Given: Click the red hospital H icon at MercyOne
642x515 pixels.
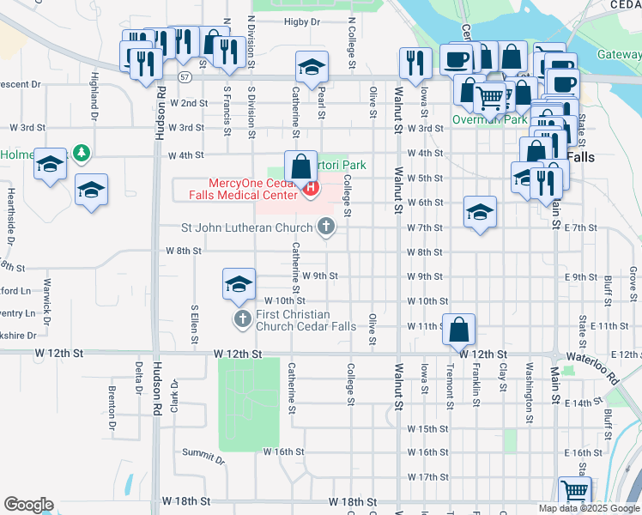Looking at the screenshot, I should click(312, 187).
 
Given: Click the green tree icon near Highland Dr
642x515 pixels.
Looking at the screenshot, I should click(82, 153).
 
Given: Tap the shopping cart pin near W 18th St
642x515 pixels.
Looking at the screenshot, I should click(574, 492).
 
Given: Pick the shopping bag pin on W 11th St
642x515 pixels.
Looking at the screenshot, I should click(459, 328).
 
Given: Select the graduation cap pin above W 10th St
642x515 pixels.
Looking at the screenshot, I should click(239, 284).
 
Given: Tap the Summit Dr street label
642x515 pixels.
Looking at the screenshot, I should click(208, 460).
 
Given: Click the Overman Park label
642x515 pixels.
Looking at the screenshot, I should click(489, 120).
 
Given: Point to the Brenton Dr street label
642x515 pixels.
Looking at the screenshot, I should click(112, 407).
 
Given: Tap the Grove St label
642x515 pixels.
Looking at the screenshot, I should click(633, 278).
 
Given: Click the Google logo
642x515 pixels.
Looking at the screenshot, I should click(28, 505).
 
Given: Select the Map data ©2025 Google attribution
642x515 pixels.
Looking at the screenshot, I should click(589, 508).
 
